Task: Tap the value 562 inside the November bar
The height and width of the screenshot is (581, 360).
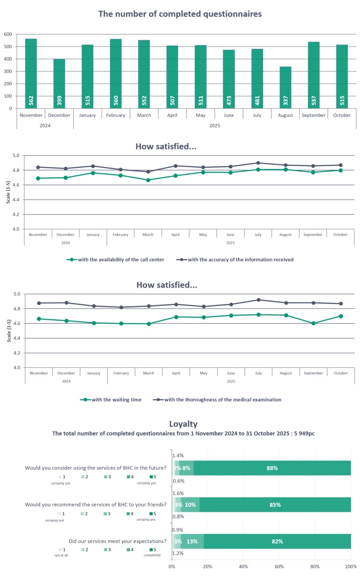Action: click(31, 101)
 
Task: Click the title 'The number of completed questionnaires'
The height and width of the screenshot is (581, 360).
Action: click(180, 14)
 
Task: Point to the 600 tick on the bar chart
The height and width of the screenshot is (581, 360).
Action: click(8, 34)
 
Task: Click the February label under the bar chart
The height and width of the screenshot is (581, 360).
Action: click(116, 115)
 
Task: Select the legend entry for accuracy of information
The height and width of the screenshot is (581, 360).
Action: click(235, 259)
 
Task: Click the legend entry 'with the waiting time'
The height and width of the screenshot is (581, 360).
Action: click(111, 399)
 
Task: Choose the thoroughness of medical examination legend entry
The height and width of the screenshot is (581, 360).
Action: click(217, 399)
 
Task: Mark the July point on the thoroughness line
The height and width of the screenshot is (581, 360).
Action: click(258, 300)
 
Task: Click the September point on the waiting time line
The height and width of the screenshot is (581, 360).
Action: click(313, 323)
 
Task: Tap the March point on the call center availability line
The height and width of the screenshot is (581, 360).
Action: click(148, 180)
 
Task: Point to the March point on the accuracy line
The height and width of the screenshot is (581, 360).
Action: click(148, 172)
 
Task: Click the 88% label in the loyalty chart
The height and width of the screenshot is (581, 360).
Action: click(272, 468)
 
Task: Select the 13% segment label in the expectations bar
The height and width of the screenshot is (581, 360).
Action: click(192, 541)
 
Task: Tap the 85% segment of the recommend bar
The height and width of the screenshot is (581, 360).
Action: click(275, 505)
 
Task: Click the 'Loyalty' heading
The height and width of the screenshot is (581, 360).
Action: click(183, 424)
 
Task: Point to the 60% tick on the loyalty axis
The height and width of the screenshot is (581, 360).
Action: click(279, 567)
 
